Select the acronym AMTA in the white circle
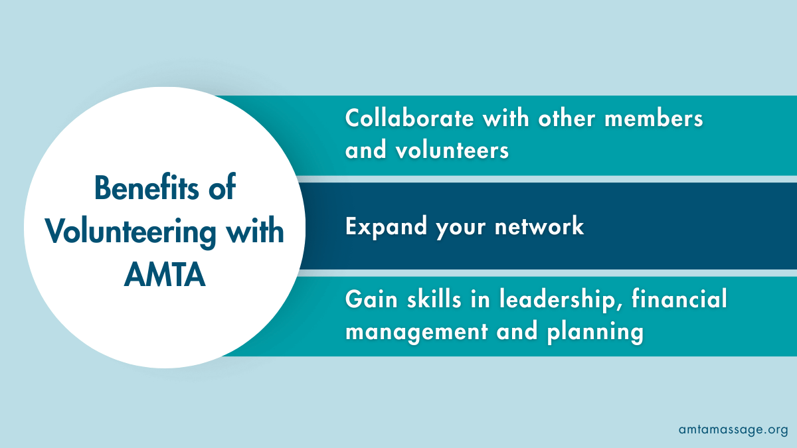tap(165, 275)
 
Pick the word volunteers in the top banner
tap(452, 151)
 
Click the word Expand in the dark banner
tap(387, 228)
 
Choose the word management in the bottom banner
tap(416, 331)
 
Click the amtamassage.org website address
tap(733, 429)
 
